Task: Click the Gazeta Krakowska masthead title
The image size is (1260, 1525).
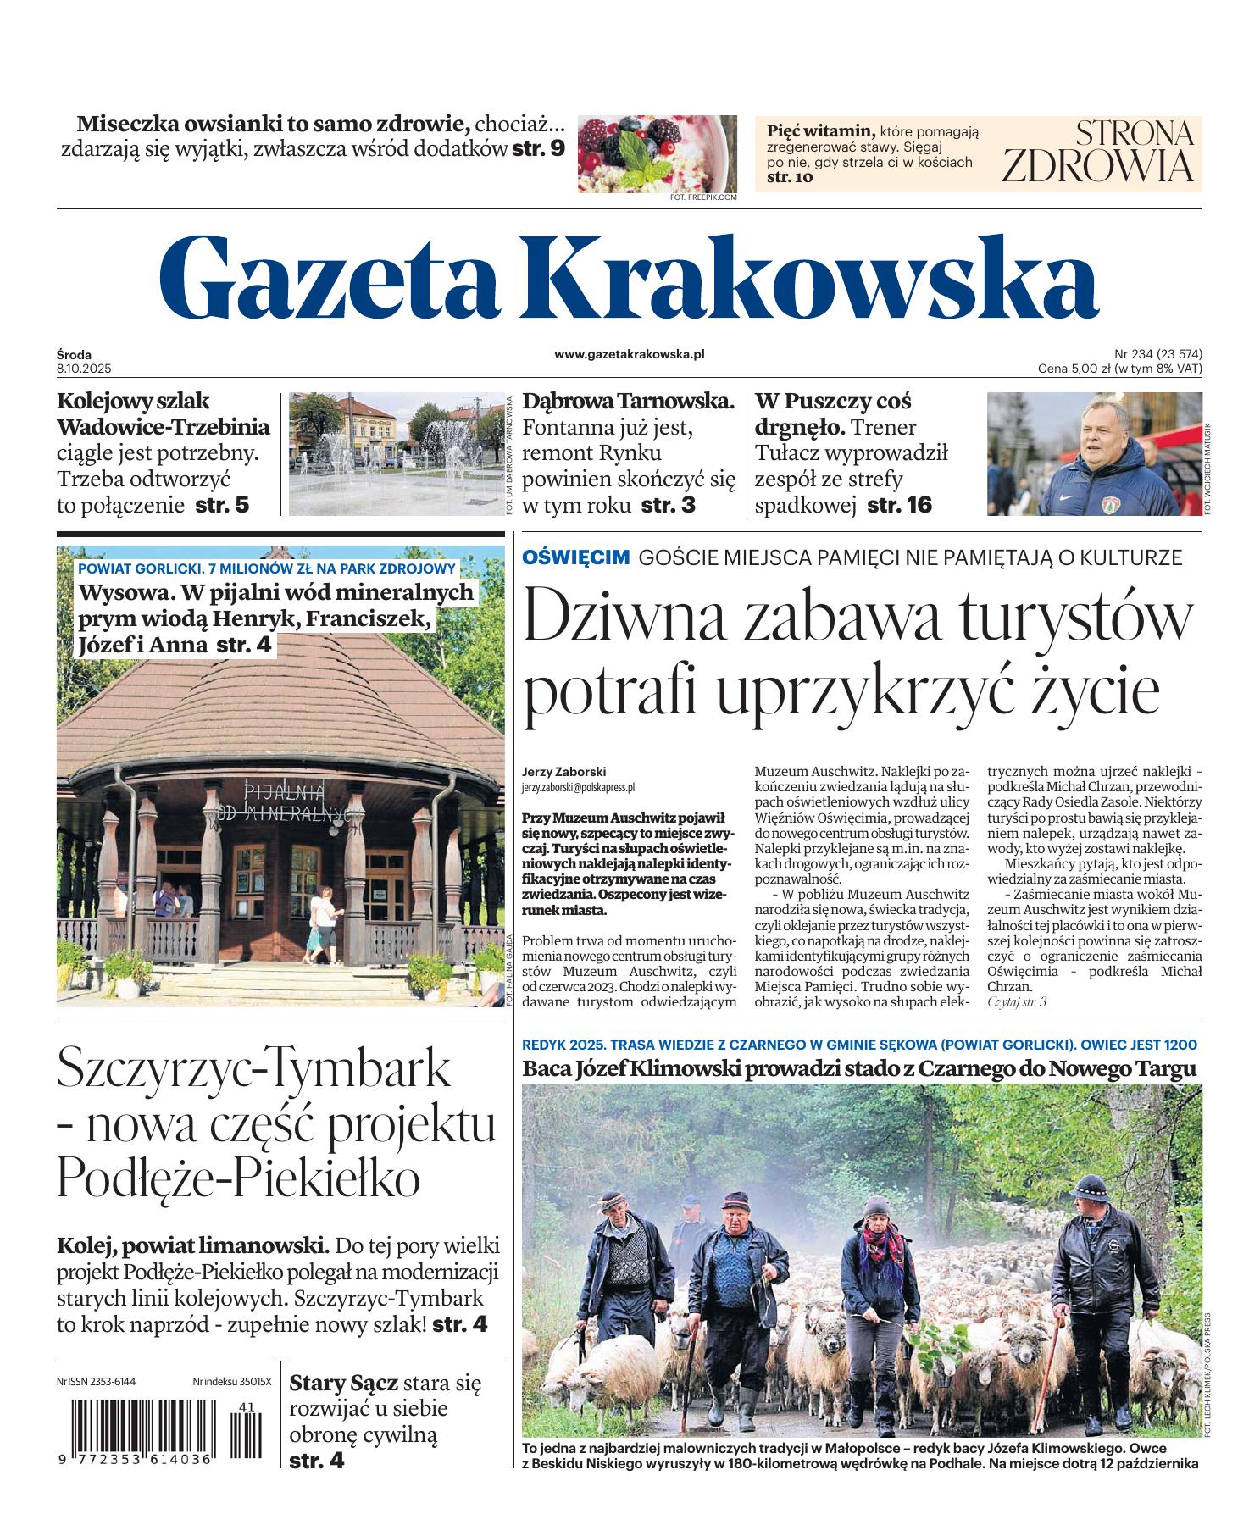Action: click(628, 274)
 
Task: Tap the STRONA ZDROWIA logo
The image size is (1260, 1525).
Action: click(1099, 152)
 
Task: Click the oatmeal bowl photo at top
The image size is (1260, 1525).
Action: click(658, 153)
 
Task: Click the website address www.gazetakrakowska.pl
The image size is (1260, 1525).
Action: click(630, 355)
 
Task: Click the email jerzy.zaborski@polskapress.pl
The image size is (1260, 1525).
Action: click(579, 787)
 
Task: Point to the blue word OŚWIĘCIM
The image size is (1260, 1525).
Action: click(575, 557)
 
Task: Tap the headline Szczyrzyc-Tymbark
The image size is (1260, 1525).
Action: click(254, 1069)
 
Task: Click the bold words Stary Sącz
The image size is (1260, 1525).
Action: click(343, 1384)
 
